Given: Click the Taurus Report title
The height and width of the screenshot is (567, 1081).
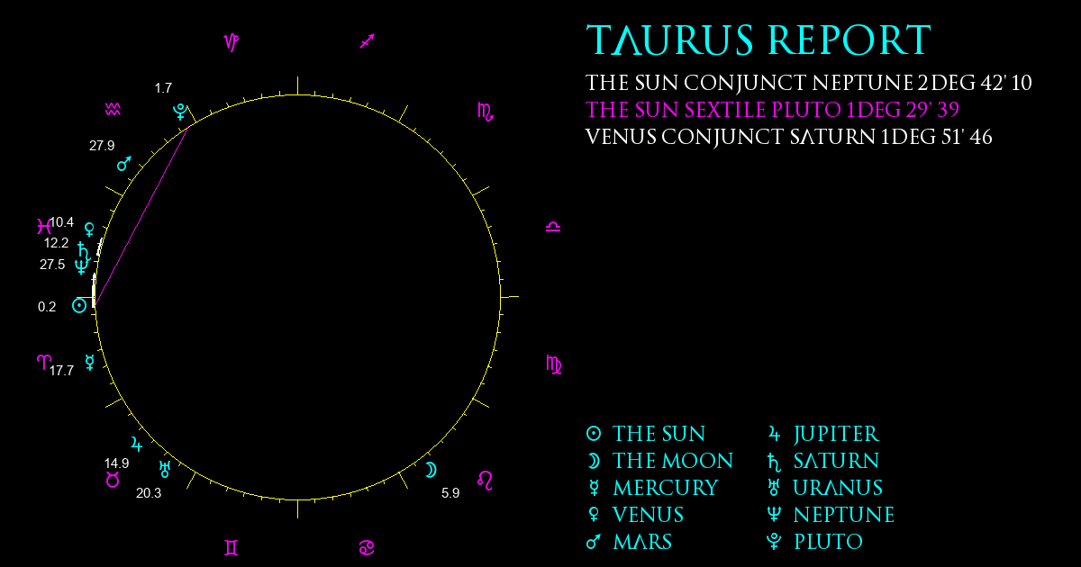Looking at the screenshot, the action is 759,40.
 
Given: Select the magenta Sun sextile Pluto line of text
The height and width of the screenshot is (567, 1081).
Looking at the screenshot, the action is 772,110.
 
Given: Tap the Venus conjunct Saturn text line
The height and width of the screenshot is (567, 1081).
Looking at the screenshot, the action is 788,137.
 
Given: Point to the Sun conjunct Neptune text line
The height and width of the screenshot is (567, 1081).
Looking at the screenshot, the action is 808,83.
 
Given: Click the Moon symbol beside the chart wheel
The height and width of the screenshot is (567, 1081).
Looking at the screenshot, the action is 431,470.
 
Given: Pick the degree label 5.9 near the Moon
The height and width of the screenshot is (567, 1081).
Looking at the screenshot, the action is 450,493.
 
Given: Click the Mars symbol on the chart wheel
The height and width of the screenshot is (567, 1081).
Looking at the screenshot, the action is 124,164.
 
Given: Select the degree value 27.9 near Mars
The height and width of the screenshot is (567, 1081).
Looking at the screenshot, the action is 102,145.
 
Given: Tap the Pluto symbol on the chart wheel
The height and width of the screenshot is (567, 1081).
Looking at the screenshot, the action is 180,112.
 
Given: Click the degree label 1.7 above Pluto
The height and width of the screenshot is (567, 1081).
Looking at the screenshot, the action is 163,88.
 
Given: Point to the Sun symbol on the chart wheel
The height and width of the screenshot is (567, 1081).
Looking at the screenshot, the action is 79,305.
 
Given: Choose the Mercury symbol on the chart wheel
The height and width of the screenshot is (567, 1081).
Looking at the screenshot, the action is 90,362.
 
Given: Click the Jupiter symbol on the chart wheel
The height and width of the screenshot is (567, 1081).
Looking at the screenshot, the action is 137,444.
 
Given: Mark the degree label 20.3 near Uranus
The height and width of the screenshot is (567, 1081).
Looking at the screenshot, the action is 149,493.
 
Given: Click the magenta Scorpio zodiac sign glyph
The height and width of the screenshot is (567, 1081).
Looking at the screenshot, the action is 486,112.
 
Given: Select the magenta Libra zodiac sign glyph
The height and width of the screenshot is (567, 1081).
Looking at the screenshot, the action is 553,227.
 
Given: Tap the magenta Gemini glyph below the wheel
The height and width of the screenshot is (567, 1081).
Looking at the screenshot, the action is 232,548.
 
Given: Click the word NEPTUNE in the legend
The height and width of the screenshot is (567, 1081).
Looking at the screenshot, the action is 844,515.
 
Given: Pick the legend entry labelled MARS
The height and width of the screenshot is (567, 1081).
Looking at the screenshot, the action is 630,542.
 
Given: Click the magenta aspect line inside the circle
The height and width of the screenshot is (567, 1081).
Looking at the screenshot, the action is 141,216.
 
